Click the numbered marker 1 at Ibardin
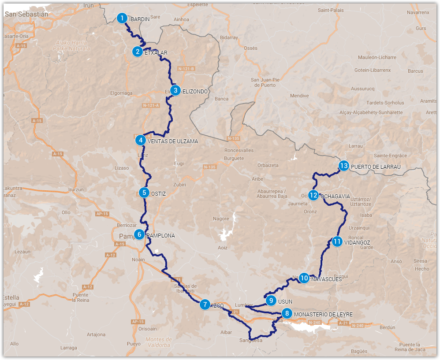pyautogui.click(x=122, y=18)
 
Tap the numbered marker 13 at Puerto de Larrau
pyautogui.click(x=344, y=166)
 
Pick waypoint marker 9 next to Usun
pyautogui.click(x=271, y=301)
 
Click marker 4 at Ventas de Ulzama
pyautogui.click(x=141, y=141)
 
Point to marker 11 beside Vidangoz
pyautogui.click(x=337, y=241)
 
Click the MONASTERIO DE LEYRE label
pyautogui.click(x=323, y=314)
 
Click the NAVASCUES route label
pyautogui.click(x=326, y=278)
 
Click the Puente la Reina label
pyautogui.click(x=80, y=297)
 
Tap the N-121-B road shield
pyautogui.click(x=186, y=69)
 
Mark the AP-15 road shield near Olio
pyautogui.click(x=102, y=214)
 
